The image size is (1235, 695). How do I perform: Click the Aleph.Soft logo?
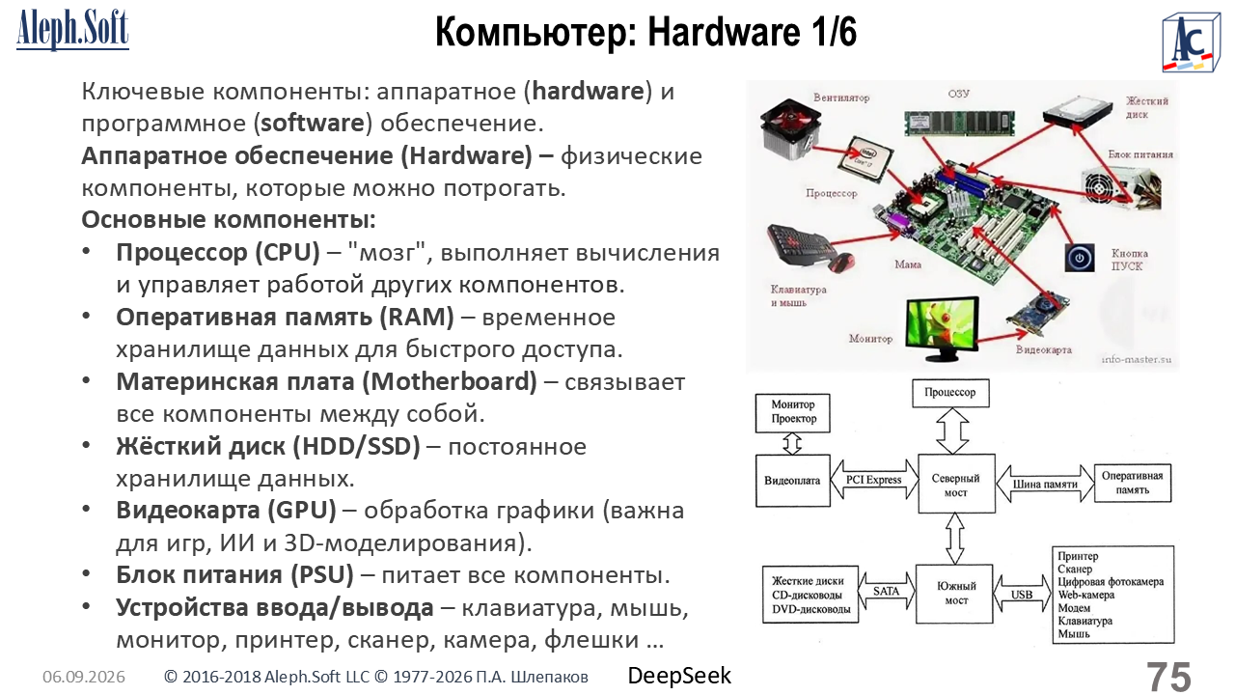pyautogui.click(x=72, y=29)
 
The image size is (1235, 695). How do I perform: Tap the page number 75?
pyautogui.click(x=1168, y=677)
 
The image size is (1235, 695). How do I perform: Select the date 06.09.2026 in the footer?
pyautogui.click(x=84, y=677)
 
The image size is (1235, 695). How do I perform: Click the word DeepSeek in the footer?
pyautogui.click(x=679, y=676)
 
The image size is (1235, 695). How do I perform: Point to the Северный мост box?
pyautogui.click(x=956, y=484)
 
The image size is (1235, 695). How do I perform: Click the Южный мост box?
pyautogui.click(x=954, y=594)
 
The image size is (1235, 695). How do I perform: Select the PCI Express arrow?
pyautogui.click(x=874, y=480)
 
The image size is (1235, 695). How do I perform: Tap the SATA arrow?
pyautogui.click(x=886, y=592)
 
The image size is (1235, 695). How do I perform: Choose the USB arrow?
pyautogui.click(x=1022, y=594)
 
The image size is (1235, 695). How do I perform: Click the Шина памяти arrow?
pyautogui.click(x=1045, y=484)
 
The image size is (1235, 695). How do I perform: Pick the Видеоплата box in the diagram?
pyautogui.click(x=792, y=481)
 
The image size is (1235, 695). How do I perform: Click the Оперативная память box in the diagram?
pyautogui.click(x=1133, y=483)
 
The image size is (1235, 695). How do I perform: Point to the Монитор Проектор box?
pyautogui.click(x=793, y=412)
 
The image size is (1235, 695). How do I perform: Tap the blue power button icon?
pyautogui.click(x=1079, y=258)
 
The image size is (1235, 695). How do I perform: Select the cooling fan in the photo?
pyautogui.click(x=789, y=130)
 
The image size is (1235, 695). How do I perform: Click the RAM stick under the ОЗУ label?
pyautogui.click(x=959, y=123)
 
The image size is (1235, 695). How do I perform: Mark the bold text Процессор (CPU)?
pyautogui.click(x=218, y=253)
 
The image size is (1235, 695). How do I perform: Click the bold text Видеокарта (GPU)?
pyautogui.click(x=226, y=511)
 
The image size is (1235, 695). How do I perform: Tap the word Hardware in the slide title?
pyautogui.click(x=724, y=32)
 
